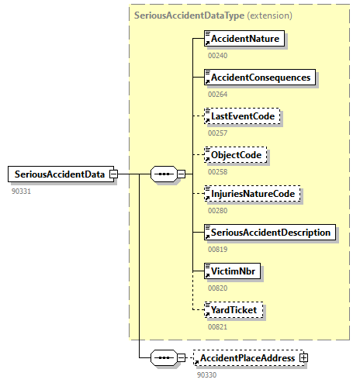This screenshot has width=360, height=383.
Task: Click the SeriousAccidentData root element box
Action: [58, 174]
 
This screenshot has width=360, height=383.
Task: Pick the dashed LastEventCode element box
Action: [241, 116]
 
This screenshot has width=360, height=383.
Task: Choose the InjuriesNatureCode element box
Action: [251, 194]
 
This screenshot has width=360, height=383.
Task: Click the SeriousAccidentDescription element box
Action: [269, 233]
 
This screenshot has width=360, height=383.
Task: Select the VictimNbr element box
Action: [233, 271]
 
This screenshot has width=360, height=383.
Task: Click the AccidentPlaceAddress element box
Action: [247, 358]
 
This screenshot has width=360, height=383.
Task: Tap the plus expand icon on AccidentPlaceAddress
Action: [303, 358]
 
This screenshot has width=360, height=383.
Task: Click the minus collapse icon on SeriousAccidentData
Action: [113, 174]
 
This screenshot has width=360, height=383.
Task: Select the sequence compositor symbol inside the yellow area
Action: [163, 174]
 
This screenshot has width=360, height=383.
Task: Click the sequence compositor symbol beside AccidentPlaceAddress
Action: [163, 358]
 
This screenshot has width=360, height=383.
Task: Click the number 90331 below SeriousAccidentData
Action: [21, 190]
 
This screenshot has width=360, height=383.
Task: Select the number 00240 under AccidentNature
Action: [218, 55]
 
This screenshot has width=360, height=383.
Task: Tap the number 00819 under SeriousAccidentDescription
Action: [218, 249]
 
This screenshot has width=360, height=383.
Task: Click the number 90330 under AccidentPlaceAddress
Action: [207, 374]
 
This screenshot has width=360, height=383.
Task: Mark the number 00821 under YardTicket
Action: [218, 326]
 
